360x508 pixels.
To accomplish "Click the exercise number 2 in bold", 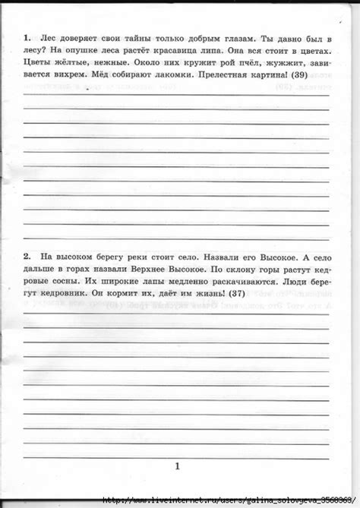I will (27, 257).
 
